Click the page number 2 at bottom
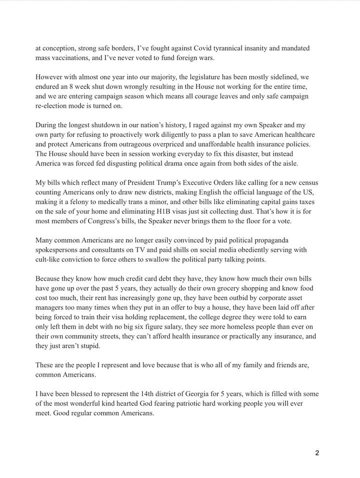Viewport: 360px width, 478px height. tap(317, 453)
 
